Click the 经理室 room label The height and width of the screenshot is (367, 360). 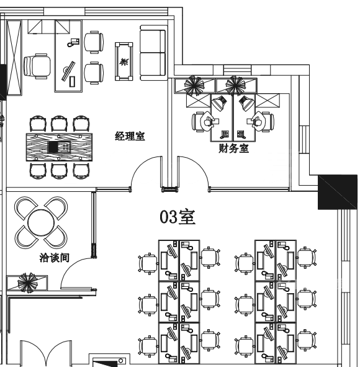pos(130,136)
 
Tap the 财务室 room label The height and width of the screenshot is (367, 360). pos(233,148)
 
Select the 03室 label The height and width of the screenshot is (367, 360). pos(178,217)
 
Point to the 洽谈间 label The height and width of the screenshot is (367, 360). pos(55,258)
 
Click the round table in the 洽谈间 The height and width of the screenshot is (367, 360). pos(41,222)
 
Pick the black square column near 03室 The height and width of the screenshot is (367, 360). pos(338,192)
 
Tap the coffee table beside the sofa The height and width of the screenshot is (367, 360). pos(124,61)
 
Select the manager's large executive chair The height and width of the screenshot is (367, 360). pos(37,66)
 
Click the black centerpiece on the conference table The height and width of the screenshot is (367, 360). pos(53,147)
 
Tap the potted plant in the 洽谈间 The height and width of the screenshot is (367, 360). pos(27,283)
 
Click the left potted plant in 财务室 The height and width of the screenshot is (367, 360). pos(193,85)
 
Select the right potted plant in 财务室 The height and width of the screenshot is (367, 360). pos(235,85)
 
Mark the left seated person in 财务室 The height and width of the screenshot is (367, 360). pos(208,121)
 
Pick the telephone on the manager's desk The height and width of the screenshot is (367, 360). pos(73,42)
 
